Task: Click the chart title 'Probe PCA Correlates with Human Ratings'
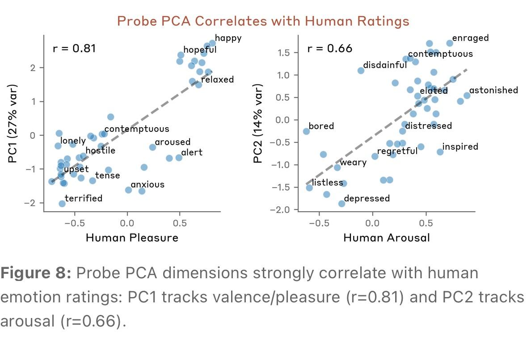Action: point(263,21)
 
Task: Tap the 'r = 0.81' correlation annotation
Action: point(74,48)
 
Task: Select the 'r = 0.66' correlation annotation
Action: point(329,48)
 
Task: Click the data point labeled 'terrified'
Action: point(62,204)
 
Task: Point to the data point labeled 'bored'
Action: point(306,131)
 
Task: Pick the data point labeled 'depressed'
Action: point(341,204)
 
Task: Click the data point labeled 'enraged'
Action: point(450,43)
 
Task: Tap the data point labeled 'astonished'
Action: point(467,96)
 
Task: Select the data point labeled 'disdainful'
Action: point(361,71)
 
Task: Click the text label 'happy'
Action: point(228,38)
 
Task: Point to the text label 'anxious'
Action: point(148,184)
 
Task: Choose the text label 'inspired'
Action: point(460,147)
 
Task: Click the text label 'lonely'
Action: point(73,141)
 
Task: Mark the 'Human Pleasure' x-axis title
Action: point(132,238)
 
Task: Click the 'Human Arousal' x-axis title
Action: point(386,238)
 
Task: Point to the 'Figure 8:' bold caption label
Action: point(36,273)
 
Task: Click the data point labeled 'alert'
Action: point(179,158)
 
